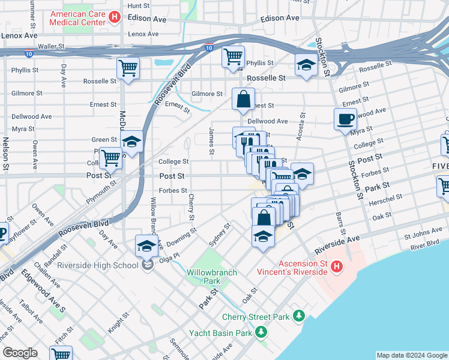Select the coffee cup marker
pos(345,118)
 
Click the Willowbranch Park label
pos(212,277)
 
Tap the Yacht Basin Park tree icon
pos(261,332)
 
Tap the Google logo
pos(20,353)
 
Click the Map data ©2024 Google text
pos(411,355)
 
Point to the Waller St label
pos(51,46)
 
